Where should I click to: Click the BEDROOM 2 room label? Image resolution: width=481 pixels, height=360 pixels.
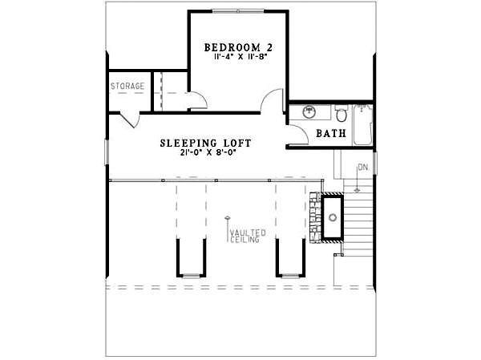coord(237,47)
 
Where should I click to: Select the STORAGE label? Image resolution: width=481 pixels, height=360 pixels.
coord(127,85)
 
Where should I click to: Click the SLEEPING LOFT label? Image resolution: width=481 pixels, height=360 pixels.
coord(205,143)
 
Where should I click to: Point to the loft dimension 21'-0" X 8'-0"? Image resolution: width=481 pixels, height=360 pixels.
coord(205,153)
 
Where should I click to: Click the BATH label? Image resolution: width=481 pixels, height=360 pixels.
coord(330,134)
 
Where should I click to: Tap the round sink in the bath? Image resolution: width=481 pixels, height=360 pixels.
coord(307,113)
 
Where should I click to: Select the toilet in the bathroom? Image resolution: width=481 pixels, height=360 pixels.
coord(341,114)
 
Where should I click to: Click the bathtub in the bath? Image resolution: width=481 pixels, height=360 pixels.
coord(363,124)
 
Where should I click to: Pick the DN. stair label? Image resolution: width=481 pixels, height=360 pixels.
coord(363,168)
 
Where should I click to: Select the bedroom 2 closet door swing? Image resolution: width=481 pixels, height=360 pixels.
coord(198,99)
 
